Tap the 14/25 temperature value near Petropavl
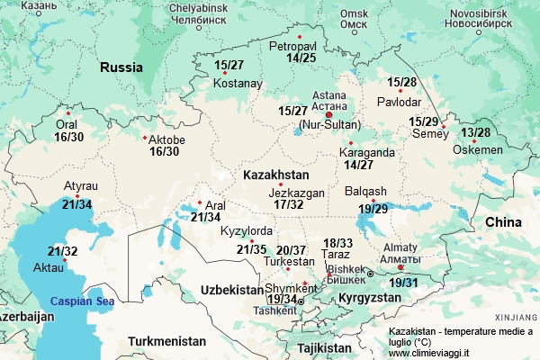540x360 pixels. [301, 58]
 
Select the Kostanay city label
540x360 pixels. [238, 84]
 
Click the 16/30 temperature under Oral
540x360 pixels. [68, 137]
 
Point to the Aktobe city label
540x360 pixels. [166, 139]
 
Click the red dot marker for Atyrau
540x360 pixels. [77, 196]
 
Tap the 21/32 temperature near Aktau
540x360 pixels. [63, 251]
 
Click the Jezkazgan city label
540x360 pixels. [296, 193]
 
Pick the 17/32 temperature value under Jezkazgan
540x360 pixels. [288, 205]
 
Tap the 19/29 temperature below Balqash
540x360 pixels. [373, 209]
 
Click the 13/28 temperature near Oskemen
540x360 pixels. [475, 133]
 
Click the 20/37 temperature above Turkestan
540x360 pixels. [291, 249]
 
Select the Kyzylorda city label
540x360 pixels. [246, 231]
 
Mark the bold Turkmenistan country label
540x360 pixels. [166, 341]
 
